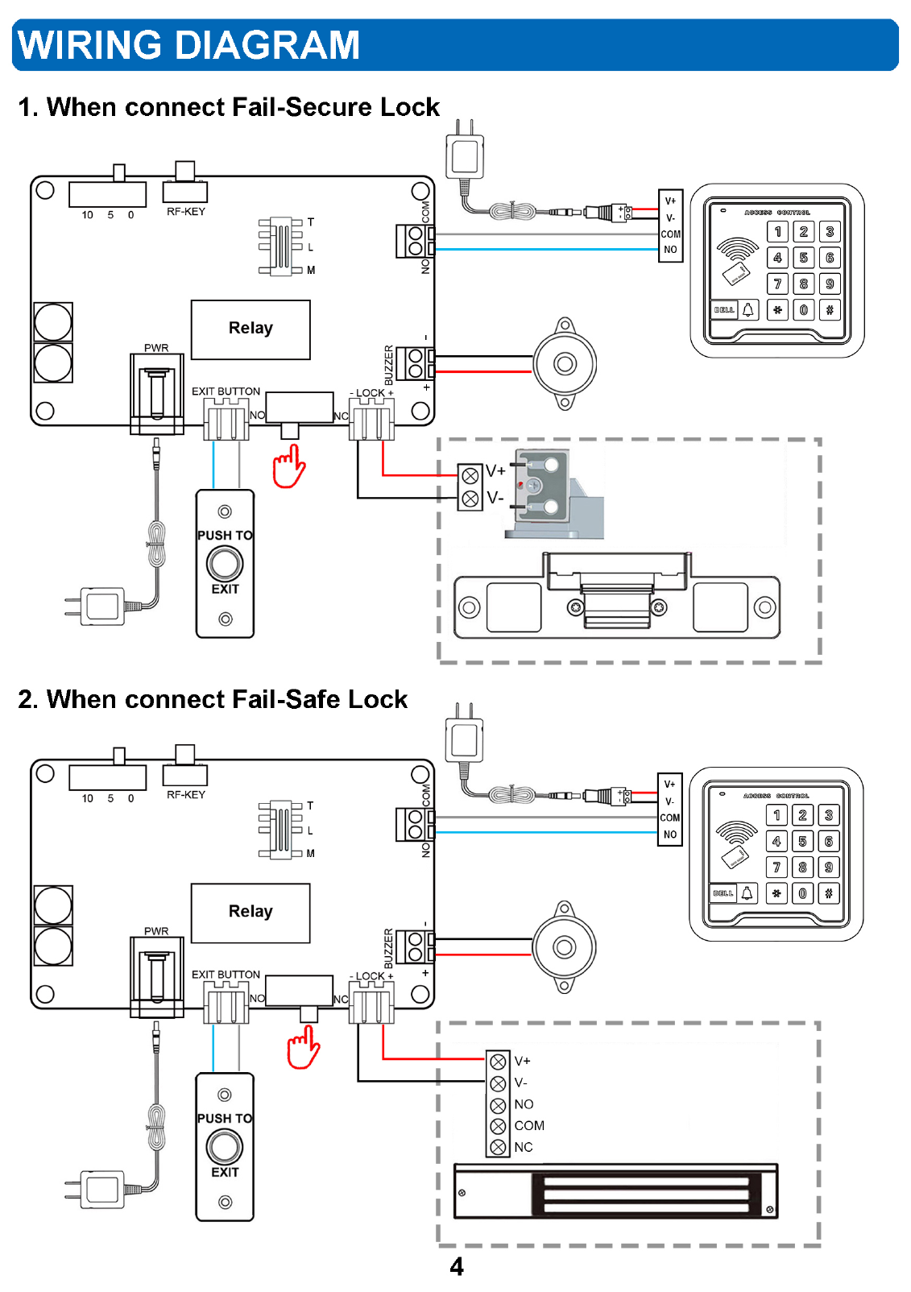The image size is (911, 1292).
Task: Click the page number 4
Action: coord(457,1267)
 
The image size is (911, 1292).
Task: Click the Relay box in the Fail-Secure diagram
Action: coord(251,329)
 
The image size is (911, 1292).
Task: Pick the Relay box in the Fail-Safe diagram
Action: coord(251,912)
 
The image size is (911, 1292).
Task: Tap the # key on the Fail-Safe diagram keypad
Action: coord(828,893)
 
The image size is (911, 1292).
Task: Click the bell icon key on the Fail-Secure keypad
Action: coord(748,310)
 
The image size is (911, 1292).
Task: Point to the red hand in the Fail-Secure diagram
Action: coord(288,467)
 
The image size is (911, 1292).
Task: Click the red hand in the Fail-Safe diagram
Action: coord(304,1048)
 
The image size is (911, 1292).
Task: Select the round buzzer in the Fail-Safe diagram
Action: coord(564,947)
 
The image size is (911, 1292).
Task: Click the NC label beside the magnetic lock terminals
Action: coord(524,1147)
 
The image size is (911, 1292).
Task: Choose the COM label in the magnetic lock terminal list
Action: coord(529,1125)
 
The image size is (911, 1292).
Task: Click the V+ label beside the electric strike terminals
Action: coord(495,471)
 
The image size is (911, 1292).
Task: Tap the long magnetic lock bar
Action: coord(615,1191)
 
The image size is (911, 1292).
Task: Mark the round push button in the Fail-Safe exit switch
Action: coord(225,1146)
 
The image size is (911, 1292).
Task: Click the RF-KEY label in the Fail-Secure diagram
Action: coord(186,212)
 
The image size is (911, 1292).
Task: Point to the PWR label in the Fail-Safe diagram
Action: coord(156,931)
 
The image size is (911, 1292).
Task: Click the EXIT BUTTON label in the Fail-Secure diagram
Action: coord(226,391)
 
